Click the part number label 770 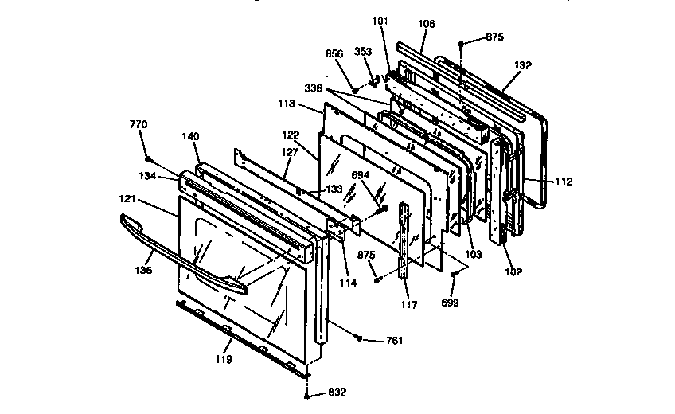[x=139, y=124]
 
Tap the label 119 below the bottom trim [x=224, y=359]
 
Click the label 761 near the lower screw [x=394, y=341]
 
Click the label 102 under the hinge [x=513, y=271]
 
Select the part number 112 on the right [x=563, y=181]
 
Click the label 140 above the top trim [x=189, y=137]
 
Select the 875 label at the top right [x=494, y=37]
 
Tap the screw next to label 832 [x=307, y=393]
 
